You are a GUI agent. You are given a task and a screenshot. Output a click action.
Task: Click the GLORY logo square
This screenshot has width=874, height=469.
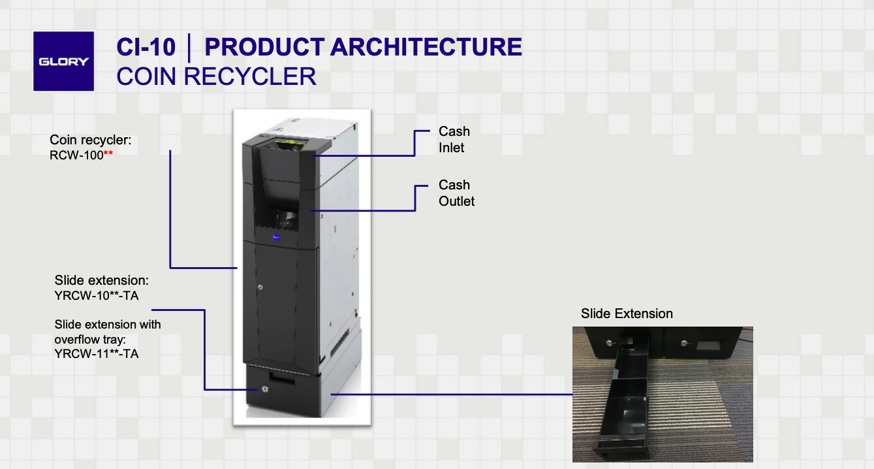point(63,61)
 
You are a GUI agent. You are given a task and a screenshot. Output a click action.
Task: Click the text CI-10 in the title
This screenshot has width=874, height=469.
point(146,47)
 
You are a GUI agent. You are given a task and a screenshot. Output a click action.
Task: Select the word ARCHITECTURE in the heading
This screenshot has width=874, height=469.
point(426,47)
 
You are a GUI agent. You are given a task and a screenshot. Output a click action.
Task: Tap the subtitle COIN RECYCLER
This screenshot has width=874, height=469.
point(216,76)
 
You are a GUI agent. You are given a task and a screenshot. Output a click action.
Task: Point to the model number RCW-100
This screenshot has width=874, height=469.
point(76,155)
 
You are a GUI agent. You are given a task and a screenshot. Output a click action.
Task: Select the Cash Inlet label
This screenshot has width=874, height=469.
point(454,140)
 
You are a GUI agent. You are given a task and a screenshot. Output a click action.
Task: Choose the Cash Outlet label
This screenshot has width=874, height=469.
point(456,193)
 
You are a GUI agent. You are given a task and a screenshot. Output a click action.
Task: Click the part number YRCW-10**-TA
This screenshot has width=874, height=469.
point(97,296)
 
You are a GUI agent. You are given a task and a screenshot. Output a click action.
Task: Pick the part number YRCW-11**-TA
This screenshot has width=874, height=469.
point(97,354)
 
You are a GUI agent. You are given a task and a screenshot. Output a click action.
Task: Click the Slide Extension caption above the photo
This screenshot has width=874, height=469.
point(627,314)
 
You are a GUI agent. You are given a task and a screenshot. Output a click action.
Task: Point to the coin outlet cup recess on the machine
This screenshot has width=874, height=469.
point(285,216)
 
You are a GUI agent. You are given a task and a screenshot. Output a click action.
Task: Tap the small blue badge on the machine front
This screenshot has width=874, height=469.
point(277,238)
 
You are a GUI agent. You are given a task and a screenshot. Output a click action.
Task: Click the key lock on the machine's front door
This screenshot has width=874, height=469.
point(260,287)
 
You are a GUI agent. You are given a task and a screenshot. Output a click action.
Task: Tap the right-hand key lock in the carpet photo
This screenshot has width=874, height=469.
point(683,342)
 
